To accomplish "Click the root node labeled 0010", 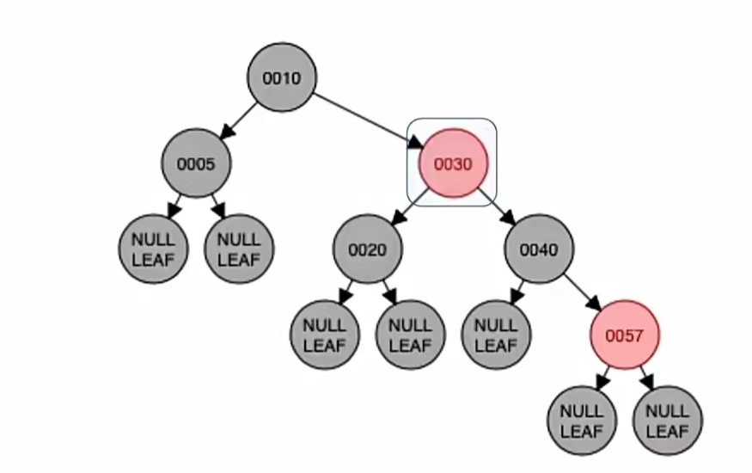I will point(282,77).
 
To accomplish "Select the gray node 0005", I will point(196,163).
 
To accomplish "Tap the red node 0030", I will point(453,163).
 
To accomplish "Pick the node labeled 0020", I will point(368,249).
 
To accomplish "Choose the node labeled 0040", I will point(539,249).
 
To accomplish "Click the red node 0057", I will point(625,335).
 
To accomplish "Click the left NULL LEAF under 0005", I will point(153,249).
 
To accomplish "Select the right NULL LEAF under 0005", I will point(238,249).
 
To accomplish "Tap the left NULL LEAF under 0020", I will point(325,335).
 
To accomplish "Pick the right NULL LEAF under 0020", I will point(410,335).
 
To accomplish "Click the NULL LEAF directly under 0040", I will point(496,335).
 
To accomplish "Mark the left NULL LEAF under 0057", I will point(582,421).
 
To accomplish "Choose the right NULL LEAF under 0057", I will point(668,421).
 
